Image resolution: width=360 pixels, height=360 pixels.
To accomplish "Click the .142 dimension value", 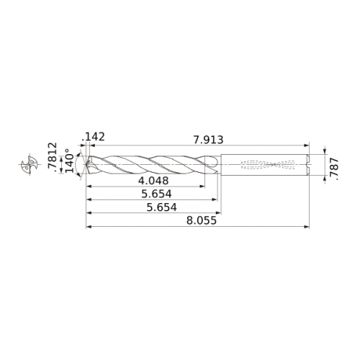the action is point(94,137).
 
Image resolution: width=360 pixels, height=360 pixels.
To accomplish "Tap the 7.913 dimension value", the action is point(208,140).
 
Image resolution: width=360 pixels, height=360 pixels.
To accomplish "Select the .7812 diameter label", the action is point(53,158).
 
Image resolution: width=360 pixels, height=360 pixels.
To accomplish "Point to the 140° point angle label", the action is point(70,160).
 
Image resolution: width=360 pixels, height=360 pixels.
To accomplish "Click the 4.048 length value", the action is point(153,181).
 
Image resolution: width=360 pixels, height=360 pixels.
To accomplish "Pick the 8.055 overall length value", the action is point(202,220).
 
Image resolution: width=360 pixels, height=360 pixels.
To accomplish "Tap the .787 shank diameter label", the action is point(334,169).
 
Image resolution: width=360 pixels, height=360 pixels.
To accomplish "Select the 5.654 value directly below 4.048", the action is point(156,194).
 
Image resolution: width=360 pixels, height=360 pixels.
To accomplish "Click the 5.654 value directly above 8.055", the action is point(162,207).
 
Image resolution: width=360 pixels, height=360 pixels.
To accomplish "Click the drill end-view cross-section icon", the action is point(30,164).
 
